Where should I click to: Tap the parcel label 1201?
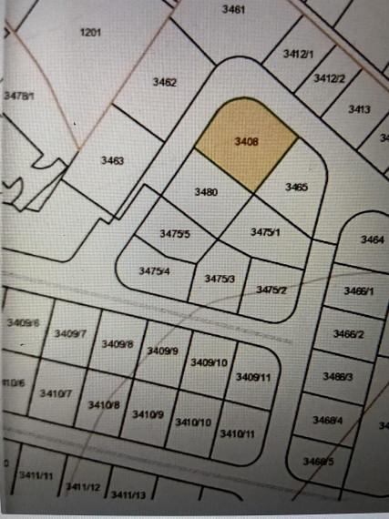pos(90,32)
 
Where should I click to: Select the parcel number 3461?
pos(233,9)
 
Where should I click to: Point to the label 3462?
pos(164,82)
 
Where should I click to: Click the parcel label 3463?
pos(111,160)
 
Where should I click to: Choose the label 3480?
pos(207,192)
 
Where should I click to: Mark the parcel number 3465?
pos(296,187)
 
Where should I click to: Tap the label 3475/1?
pos(264,232)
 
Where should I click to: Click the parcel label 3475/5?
pos(174,234)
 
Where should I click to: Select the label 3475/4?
pos(154,270)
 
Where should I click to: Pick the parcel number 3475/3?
pos(220,279)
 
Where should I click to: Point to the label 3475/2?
pos(271,289)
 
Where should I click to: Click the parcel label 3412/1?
pos(298,55)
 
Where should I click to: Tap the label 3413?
pos(359,109)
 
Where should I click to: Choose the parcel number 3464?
pos(372,239)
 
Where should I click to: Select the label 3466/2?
pos(350,334)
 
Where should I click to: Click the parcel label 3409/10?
pos(209,362)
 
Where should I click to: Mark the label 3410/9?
pos(148,414)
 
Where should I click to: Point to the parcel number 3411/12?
pos(82,488)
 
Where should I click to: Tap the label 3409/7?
pos(69,334)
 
